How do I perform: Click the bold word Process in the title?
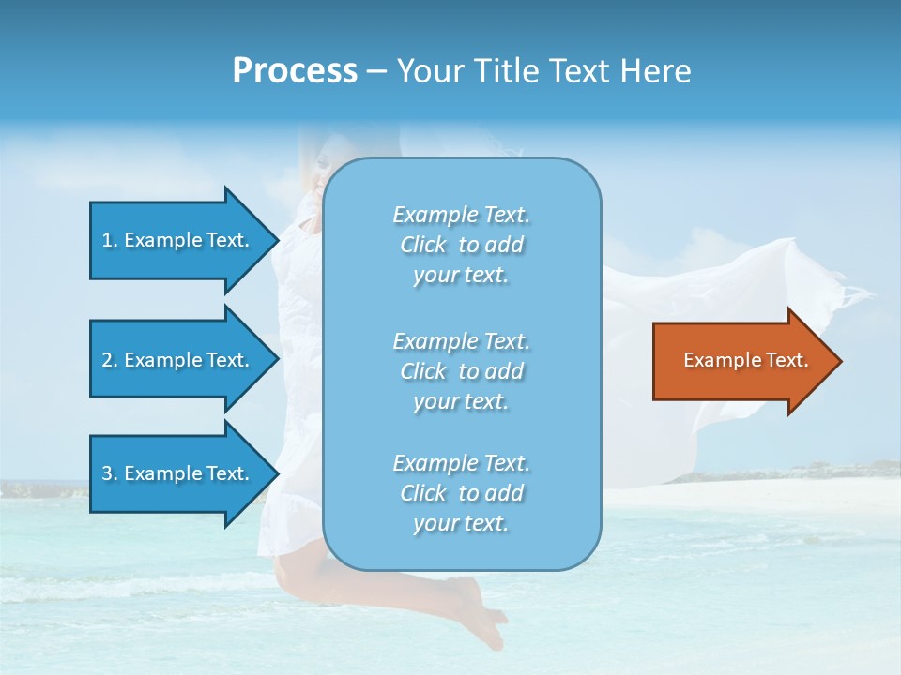point(295,70)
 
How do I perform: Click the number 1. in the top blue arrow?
point(110,240)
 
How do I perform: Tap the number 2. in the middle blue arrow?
point(110,360)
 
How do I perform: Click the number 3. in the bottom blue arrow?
point(110,473)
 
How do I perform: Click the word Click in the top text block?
point(422,245)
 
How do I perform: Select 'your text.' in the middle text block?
point(461,401)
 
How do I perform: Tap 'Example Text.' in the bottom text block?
point(461,463)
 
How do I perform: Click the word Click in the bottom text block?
point(422,493)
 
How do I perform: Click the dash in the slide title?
point(376,71)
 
